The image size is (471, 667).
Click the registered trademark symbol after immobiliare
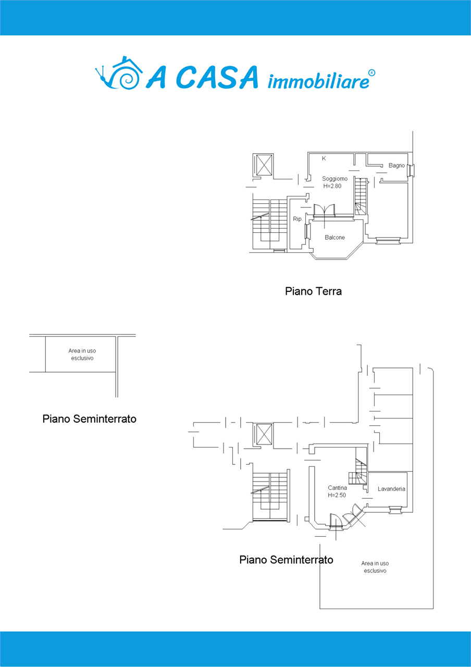(x=371, y=73)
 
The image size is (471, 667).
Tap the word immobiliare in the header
(x=318, y=81)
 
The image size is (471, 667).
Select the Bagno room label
(x=396, y=165)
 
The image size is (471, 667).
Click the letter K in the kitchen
(x=324, y=158)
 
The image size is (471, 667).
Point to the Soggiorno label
(x=334, y=179)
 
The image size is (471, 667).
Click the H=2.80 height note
(x=332, y=186)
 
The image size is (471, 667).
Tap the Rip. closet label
(x=298, y=219)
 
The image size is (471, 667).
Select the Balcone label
(x=334, y=237)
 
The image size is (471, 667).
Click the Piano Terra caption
(x=313, y=291)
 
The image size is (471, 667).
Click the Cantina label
(x=337, y=488)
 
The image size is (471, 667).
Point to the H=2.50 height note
(x=337, y=495)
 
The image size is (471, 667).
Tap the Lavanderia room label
(x=391, y=489)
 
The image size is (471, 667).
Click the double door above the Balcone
(x=324, y=209)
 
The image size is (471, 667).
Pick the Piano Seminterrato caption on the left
(x=89, y=418)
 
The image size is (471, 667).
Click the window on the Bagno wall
(x=411, y=170)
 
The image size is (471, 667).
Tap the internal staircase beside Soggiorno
(x=361, y=196)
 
